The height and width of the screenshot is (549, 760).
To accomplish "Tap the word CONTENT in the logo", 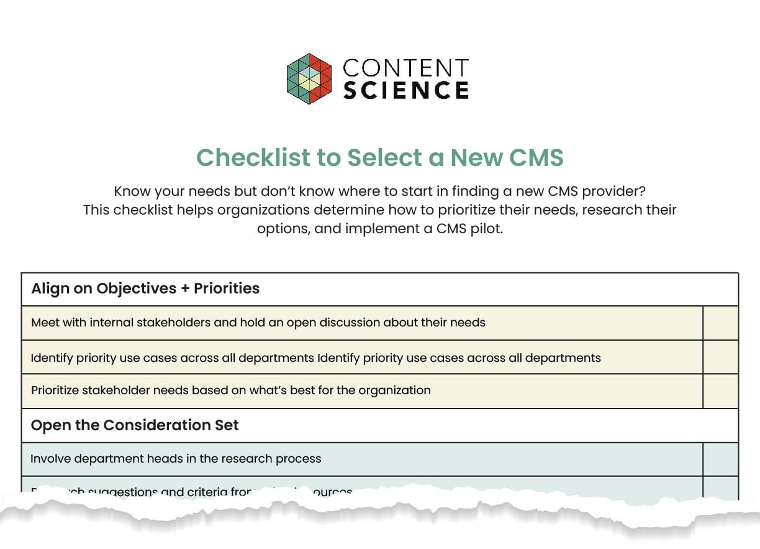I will pyautogui.click(x=406, y=68).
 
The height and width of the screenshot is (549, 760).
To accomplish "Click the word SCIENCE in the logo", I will pyautogui.click(x=406, y=90).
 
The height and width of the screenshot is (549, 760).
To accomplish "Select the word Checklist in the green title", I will pyautogui.click(x=253, y=157).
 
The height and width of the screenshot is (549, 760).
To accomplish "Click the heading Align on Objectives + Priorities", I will pyautogui.click(x=145, y=288).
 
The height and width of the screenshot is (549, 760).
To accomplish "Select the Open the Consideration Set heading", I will pyautogui.click(x=135, y=425).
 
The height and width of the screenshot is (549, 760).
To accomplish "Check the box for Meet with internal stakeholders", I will pyautogui.click(x=720, y=323).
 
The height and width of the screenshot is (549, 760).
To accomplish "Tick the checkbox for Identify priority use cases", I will pyautogui.click(x=720, y=357).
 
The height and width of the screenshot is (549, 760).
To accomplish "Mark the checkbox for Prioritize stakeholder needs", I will pyautogui.click(x=720, y=391).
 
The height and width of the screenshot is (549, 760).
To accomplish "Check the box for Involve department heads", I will pyautogui.click(x=720, y=459).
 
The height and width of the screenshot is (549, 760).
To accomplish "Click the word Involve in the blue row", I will pyautogui.click(x=50, y=459).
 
